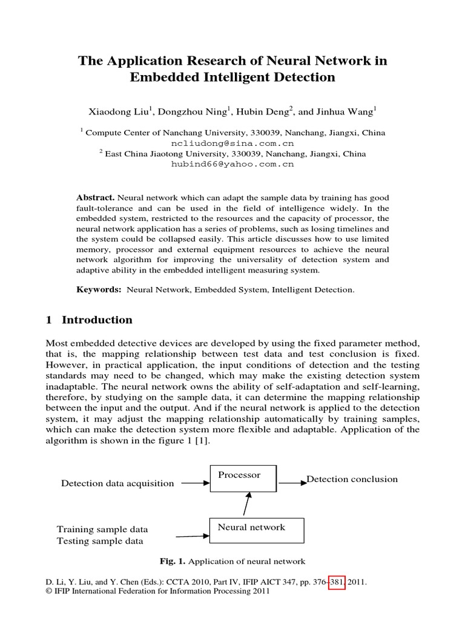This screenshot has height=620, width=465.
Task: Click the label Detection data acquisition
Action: tap(117, 483)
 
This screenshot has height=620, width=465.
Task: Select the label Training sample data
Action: tap(102, 529)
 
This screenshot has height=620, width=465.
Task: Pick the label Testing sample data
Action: tap(100, 541)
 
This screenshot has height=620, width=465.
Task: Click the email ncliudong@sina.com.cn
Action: tap(232, 143)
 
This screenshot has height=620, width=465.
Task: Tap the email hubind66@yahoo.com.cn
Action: tap(232, 164)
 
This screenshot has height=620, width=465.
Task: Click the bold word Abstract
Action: tap(95, 198)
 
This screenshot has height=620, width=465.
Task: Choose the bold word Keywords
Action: tap(99, 290)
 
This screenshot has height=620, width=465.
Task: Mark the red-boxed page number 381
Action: tap(334, 581)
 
